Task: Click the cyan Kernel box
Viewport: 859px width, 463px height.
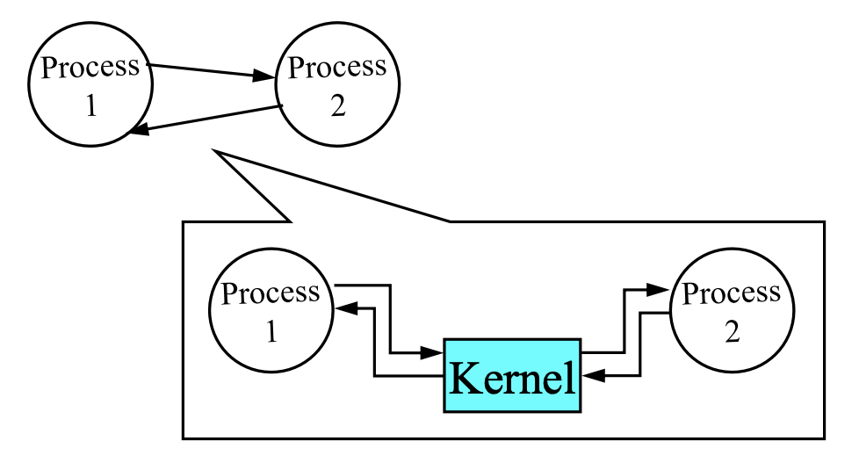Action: (512, 375)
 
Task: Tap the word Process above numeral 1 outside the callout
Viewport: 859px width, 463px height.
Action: (90, 68)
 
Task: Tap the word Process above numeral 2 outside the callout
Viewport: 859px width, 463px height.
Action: (337, 68)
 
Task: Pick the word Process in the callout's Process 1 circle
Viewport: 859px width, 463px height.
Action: (271, 293)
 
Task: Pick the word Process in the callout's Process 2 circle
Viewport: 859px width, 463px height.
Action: (732, 293)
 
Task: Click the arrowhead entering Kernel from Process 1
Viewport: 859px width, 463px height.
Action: (432, 353)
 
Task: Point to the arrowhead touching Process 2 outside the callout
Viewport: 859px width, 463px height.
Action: (265, 77)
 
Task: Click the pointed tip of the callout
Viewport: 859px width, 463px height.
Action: (214, 153)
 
